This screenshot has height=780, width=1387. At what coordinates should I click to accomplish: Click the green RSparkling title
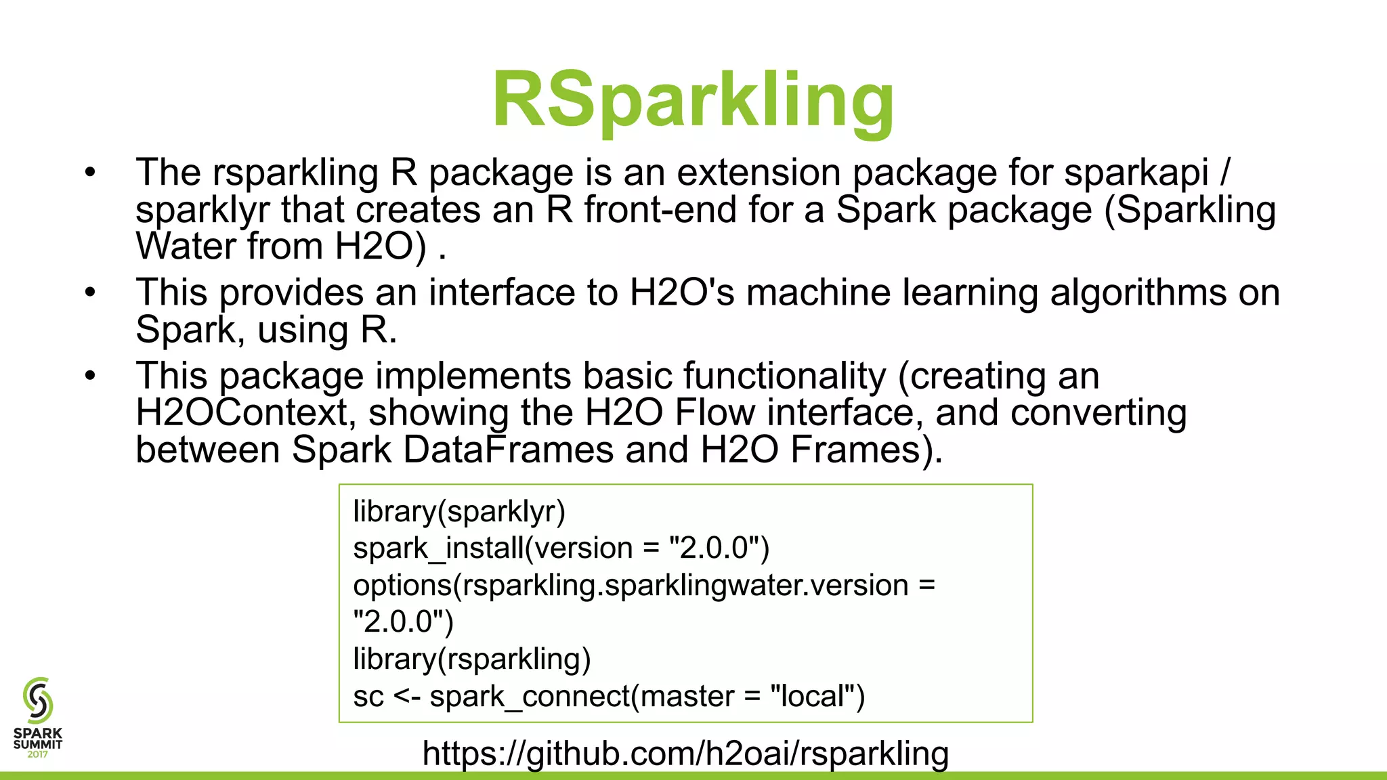tap(693, 102)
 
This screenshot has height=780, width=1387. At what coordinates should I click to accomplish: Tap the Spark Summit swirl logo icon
tap(37, 701)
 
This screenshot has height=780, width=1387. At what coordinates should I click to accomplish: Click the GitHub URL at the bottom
tap(685, 753)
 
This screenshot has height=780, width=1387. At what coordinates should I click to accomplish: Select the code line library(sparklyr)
tap(459, 511)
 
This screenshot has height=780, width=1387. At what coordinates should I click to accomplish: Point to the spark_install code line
tap(561, 548)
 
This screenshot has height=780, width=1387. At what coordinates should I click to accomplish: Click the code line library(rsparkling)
tap(472, 659)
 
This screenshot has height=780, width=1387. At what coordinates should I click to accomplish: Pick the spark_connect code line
tap(609, 696)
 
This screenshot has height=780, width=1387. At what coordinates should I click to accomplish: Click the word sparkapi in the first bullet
tap(1136, 173)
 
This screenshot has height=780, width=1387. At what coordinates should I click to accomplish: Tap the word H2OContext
tap(241, 412)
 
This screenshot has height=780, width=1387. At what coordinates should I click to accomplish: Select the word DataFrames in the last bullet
tap(508, 450)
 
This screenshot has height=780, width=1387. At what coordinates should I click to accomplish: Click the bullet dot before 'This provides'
tap(91, 292)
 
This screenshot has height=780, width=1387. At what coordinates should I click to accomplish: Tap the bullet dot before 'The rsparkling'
tap(91, 173)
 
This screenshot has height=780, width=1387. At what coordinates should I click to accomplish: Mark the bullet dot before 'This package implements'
tap(91, 376)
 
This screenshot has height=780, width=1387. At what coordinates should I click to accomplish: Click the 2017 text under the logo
tap(37, 755)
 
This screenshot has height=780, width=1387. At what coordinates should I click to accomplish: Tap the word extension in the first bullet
tap(759, 173)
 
